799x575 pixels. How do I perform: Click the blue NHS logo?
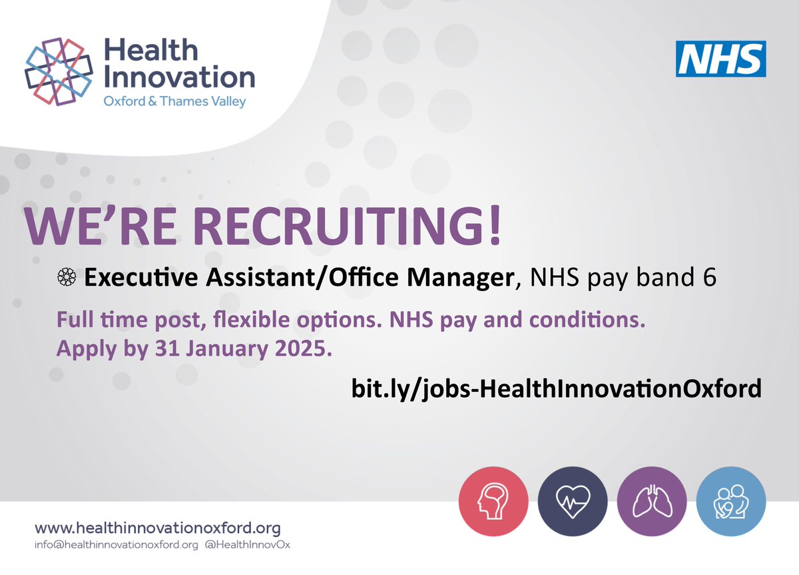pyautogui.click(x=720, y=59)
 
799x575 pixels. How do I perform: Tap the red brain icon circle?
pyautogui.click(x=493, y=501)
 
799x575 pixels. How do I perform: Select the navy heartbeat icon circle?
pyautogui.click(x=573, y=501)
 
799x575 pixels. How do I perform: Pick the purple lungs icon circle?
pyautogui.click(x=651, y=501)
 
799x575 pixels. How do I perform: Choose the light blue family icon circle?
pyautogui.click(x=731, y=501)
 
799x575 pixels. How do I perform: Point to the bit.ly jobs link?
pyautogui.click(x=556, y=388)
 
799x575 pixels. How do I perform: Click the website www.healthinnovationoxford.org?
pyautogui.click(x=158, y=528)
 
